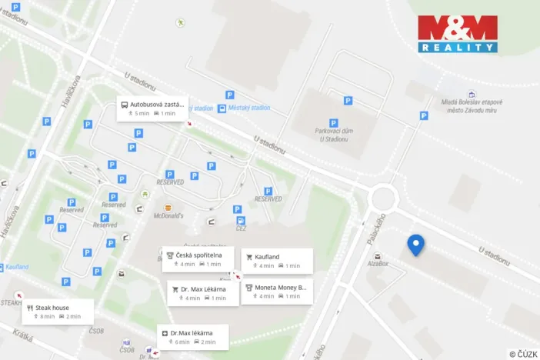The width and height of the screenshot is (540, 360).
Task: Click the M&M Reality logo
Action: [x=458, y=34]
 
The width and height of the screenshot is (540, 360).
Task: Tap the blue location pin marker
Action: [x=416, y=245]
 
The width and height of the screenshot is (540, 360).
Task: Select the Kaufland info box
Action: [x=277, y=261]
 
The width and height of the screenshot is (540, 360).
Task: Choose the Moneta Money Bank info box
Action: [x=278, y=291]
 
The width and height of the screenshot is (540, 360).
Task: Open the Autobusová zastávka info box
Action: [x=152, y=108]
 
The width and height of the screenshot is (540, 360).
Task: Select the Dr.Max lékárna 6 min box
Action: [x=193, y=336]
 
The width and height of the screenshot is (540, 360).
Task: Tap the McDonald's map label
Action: [x=168, y=216]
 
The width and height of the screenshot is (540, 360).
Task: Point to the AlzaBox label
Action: [x=378, y=263]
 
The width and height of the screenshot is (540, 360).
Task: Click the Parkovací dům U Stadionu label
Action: [x=333, y=135]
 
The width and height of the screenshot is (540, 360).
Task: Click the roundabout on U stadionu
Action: [x=383, y=199]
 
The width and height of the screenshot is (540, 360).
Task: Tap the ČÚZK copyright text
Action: [x=524, y=353]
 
